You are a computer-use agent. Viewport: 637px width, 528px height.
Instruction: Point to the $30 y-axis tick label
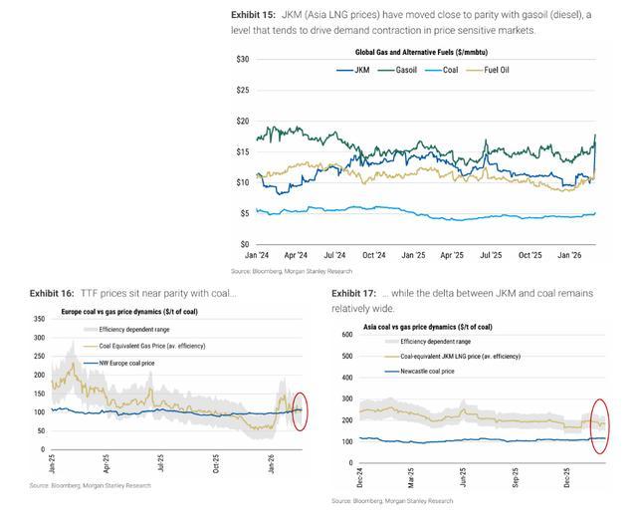[x=242, y=60]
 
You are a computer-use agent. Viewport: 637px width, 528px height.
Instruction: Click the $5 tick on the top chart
[x=244, y=213]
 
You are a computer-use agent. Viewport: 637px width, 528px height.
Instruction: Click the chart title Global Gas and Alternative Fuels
[x=424, y=51]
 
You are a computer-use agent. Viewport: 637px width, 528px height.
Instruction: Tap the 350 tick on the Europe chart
[x=40, y=320]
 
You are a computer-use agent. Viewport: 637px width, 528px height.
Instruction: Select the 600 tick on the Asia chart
[x=348, y=334]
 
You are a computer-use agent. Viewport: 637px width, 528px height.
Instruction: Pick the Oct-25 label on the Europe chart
[x=216, y=463]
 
